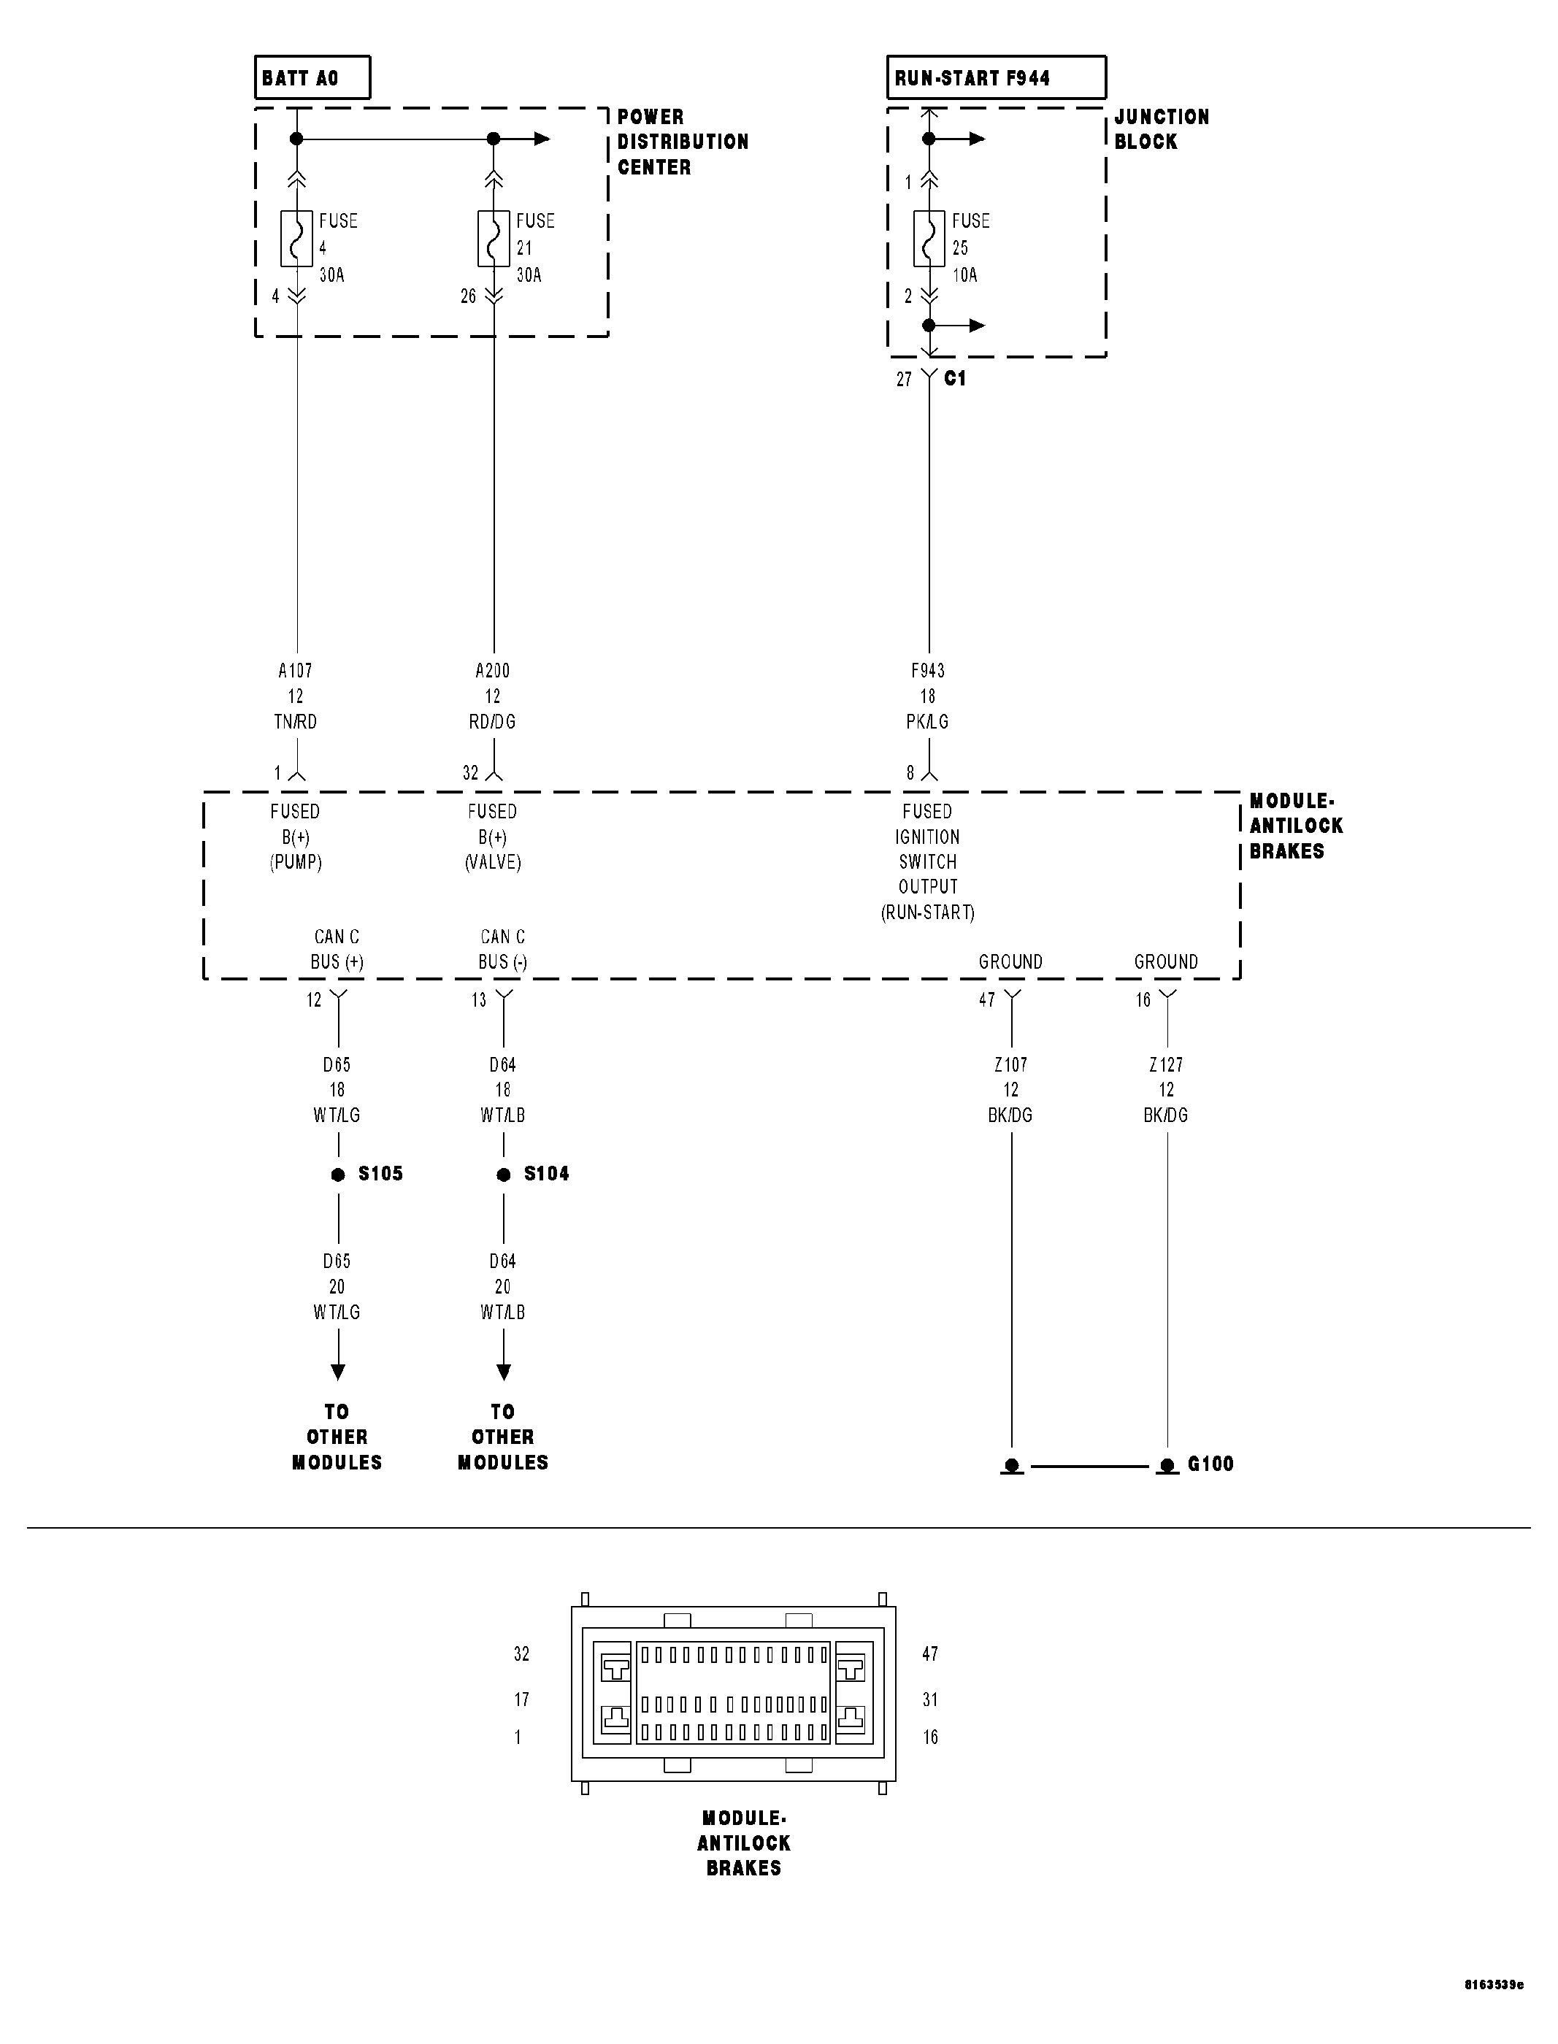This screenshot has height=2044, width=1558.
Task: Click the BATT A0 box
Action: (x=312, y=78)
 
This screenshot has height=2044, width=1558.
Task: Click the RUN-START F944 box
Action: (x=995, y=78)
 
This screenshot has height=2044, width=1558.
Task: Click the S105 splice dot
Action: (x=339, y=1175)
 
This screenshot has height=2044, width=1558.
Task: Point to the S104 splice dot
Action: (x=504, y=1175)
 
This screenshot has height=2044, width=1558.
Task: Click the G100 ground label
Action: (x=1210, y=1464)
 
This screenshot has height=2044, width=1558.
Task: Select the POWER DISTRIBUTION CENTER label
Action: (x=683, y=142)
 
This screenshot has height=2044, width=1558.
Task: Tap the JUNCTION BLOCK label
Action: (x=1161, y=129)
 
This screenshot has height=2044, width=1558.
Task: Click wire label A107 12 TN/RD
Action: (x=296, y=696)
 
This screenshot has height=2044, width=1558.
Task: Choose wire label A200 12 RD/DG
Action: (x=492, y=696)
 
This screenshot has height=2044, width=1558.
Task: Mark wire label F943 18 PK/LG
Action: (x=927, y=696)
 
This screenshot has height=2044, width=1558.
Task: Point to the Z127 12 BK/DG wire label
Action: (x=1166, y=1090)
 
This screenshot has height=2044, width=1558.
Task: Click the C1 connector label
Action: (x=954, y=378)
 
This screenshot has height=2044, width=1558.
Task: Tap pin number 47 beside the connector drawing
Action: (x=930, y=1653)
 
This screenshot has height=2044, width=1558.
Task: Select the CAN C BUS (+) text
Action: (x=337, y=950)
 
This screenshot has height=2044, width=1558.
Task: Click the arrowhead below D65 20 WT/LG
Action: (x=339, y=1371)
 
